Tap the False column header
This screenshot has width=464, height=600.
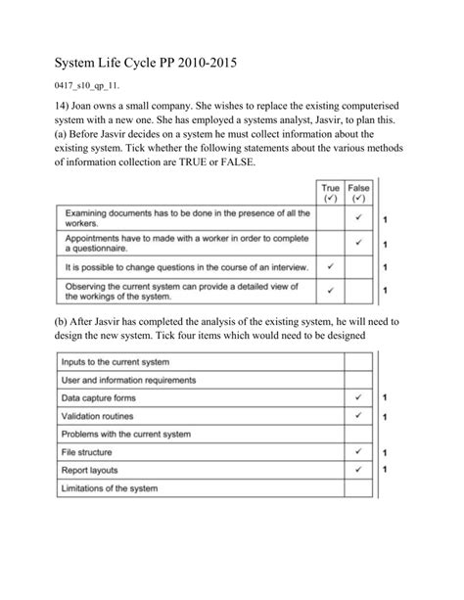pyautogui.click(x=359, y=189)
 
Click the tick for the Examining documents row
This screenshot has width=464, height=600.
pyautogui.click(x=359, y=218)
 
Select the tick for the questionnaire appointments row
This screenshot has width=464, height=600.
pyautogui.click(x=359, y=243)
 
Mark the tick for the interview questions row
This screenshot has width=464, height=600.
pyautogui.click(x=331, y=266)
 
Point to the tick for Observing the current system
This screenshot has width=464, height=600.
pyautogui.click(x=331, y=290)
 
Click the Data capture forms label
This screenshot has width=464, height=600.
pyautogui.click(x=103, y=398)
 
